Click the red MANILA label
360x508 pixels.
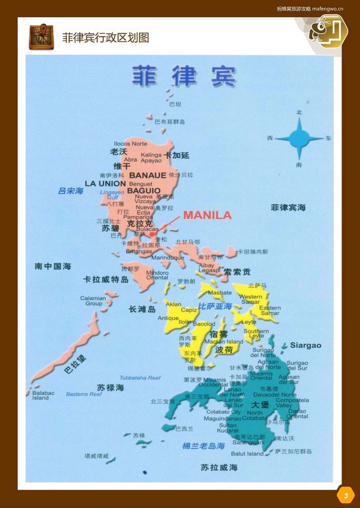click(207, 216)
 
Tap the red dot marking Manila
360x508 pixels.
click(152, 234)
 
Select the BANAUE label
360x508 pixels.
click(148, 175)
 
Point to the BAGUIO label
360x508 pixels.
click(144, 191)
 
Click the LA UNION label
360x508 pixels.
click(105, 184)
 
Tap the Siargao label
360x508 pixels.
click(306, 345)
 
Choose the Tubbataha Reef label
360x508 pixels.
click(140, 377)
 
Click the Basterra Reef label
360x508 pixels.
click(84, 394)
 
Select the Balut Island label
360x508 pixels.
click(247, 454)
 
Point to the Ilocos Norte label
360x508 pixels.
click(131, 144)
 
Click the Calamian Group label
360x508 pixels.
click(93, 301)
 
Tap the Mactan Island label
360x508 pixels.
click(223, 341)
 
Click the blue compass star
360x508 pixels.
click(299, 138)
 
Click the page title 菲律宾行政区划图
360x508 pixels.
click(105, 37)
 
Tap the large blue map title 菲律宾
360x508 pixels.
click(183, 76)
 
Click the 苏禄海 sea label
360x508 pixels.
click(111, 387)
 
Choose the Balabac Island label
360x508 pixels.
click(41, 395)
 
